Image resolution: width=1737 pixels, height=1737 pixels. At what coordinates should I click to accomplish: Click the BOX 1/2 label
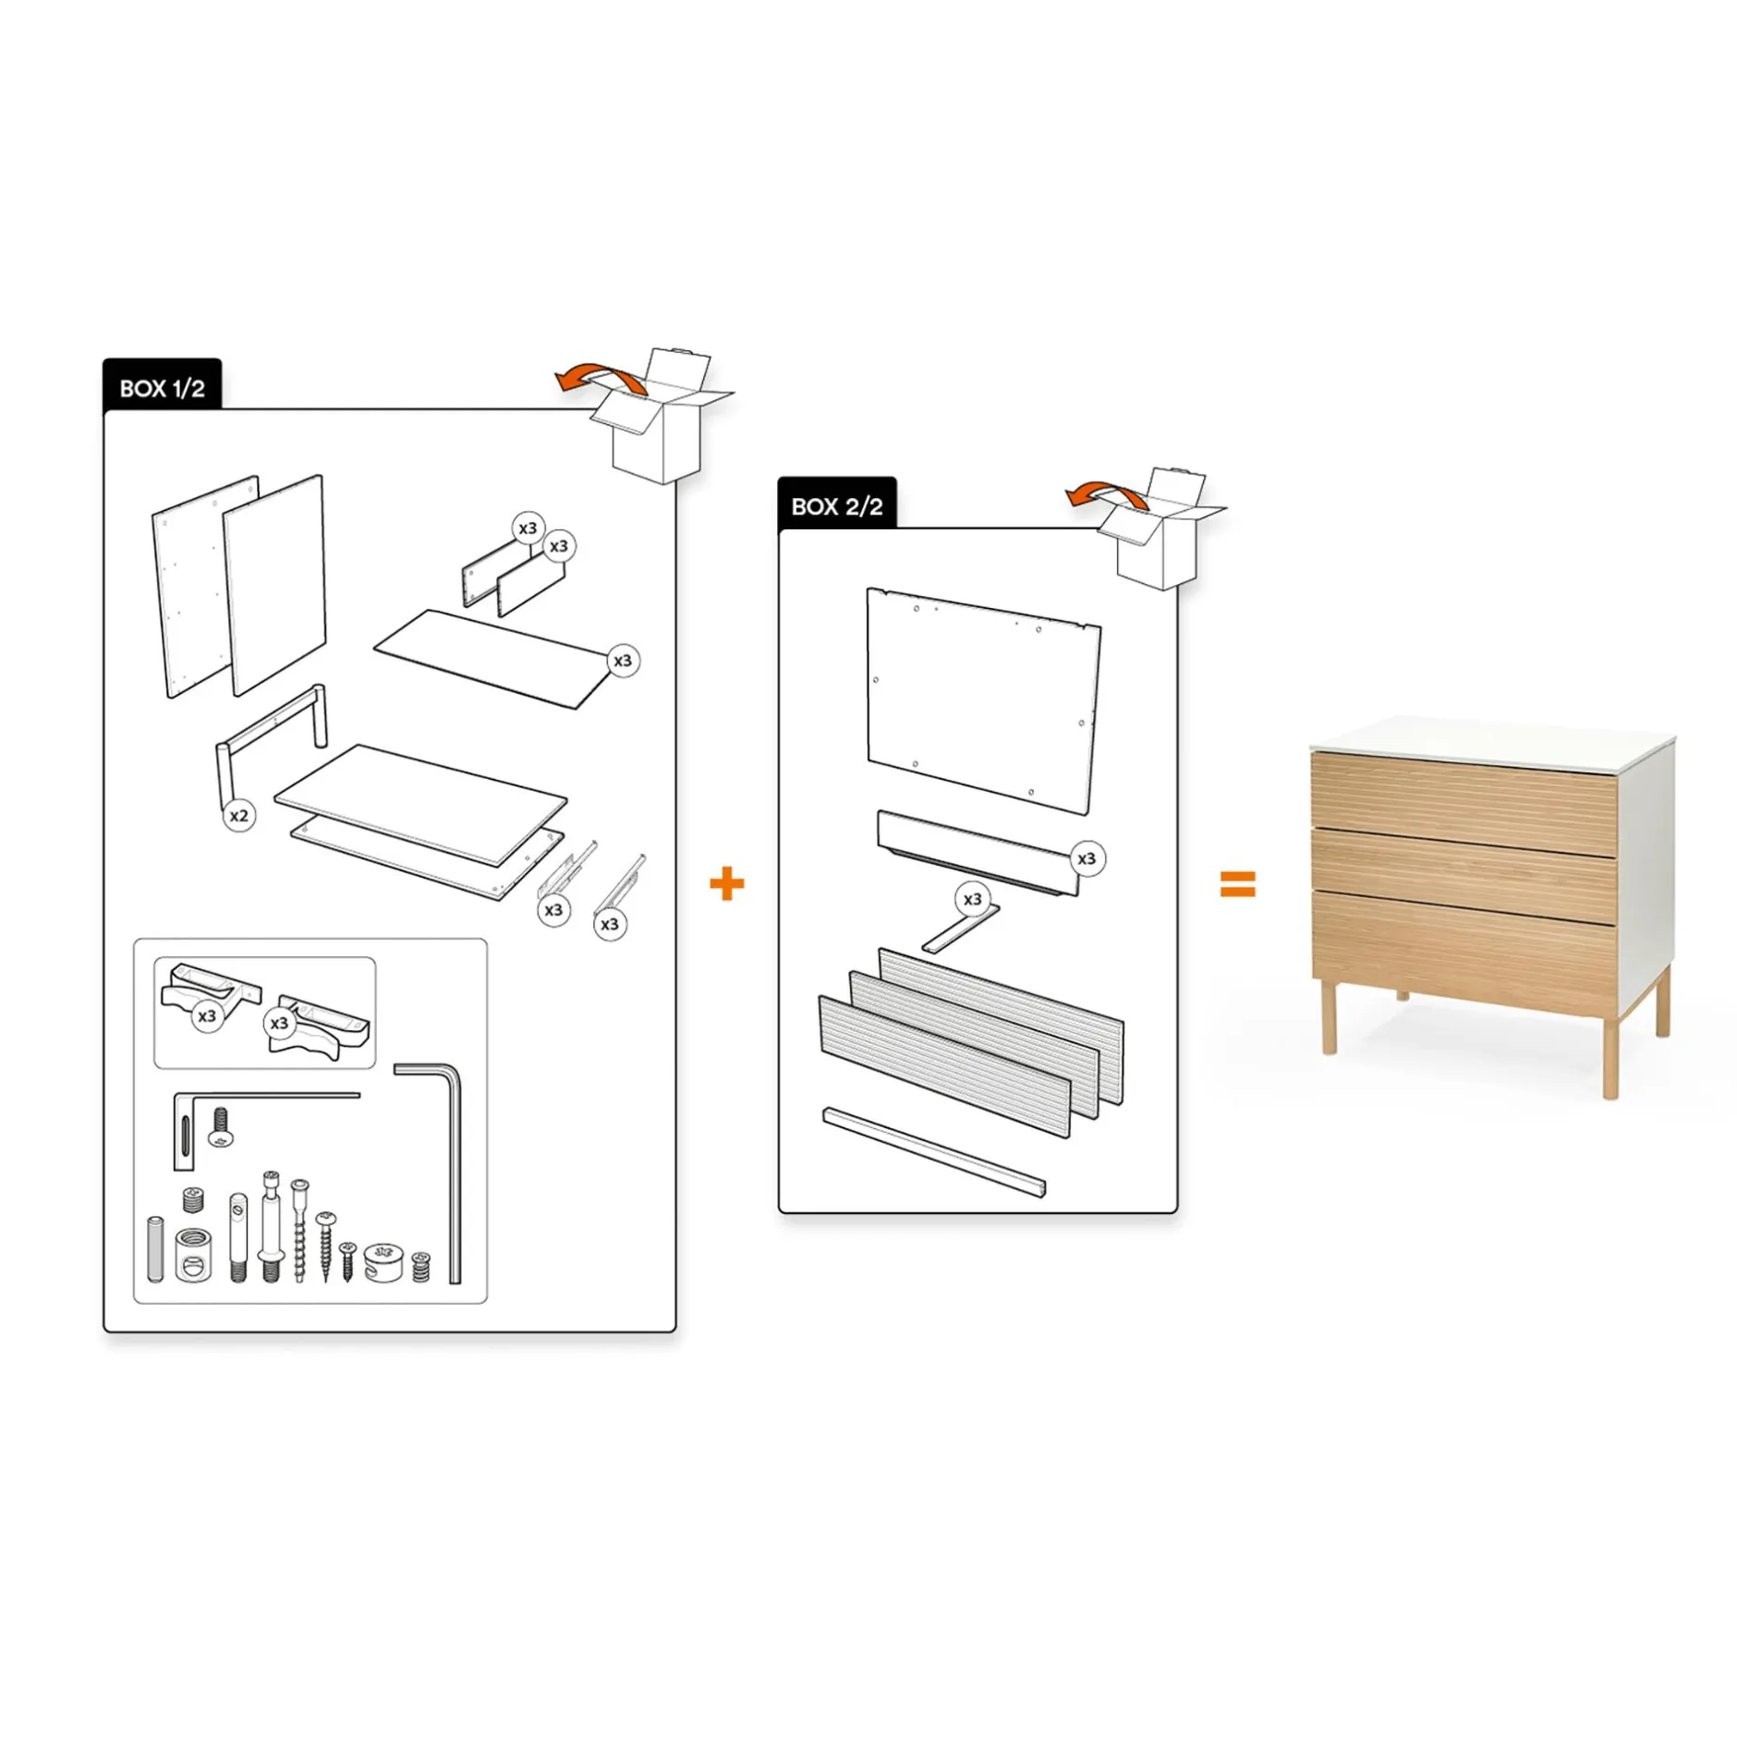[x=162, y=388]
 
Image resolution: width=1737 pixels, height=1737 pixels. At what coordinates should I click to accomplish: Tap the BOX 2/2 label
[x=836, y=506]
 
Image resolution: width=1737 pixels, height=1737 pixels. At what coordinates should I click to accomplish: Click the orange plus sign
[x=726, y=883]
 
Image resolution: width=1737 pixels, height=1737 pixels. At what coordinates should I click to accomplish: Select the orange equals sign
[x=1237, y=883]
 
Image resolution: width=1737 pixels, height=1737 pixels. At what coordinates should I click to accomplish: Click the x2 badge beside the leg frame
[x=239, y=815]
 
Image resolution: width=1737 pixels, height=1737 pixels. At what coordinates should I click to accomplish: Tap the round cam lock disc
[x=383, y=1261]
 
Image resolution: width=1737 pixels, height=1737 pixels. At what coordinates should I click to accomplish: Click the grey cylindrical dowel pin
[x=155, y=1249]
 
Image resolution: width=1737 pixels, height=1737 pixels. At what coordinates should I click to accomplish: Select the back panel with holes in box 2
[x=983, y=701]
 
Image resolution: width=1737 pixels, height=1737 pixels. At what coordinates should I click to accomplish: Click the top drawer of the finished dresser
[x=1463, y=802]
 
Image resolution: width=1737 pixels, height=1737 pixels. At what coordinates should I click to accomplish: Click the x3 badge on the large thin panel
[x=623, y=661]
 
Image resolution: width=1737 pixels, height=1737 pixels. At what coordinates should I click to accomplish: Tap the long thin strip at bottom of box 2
[x=934, y=1151]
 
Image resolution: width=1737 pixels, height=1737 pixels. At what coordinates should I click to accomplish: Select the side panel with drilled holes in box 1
[x=205, y=587]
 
